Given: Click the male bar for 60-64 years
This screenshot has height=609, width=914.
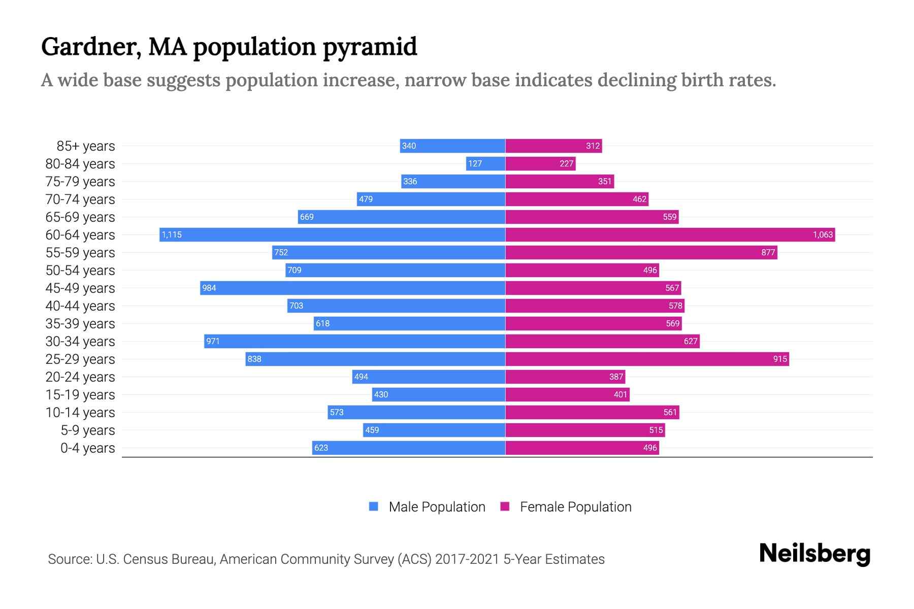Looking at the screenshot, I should pos(333,234).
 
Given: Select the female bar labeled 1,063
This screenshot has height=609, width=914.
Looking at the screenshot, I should pos(670,234).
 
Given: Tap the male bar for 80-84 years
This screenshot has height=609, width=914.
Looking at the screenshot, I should pos(486,163).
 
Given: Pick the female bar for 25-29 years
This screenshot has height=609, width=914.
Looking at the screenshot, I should pos(647,359).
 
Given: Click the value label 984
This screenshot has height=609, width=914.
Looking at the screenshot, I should pos(209,288).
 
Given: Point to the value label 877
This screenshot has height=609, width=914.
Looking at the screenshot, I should pos(768,253).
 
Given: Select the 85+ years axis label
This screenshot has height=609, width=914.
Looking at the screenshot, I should pos(86,146).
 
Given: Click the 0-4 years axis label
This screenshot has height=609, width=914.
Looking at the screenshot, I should pos(87,448).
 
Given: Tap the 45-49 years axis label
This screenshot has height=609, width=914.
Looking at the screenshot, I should pos(80,288).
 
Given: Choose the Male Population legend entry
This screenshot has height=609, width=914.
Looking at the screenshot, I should pos(437,507).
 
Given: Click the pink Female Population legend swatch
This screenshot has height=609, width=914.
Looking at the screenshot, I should pos(505,506).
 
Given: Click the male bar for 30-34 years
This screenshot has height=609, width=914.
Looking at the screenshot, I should pos(354,341).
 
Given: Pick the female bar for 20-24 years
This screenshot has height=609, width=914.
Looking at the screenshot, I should pos(565,377).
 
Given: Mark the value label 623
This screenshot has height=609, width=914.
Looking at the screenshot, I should pos(321,448).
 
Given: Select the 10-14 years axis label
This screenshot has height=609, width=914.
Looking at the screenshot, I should pos(80,413).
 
